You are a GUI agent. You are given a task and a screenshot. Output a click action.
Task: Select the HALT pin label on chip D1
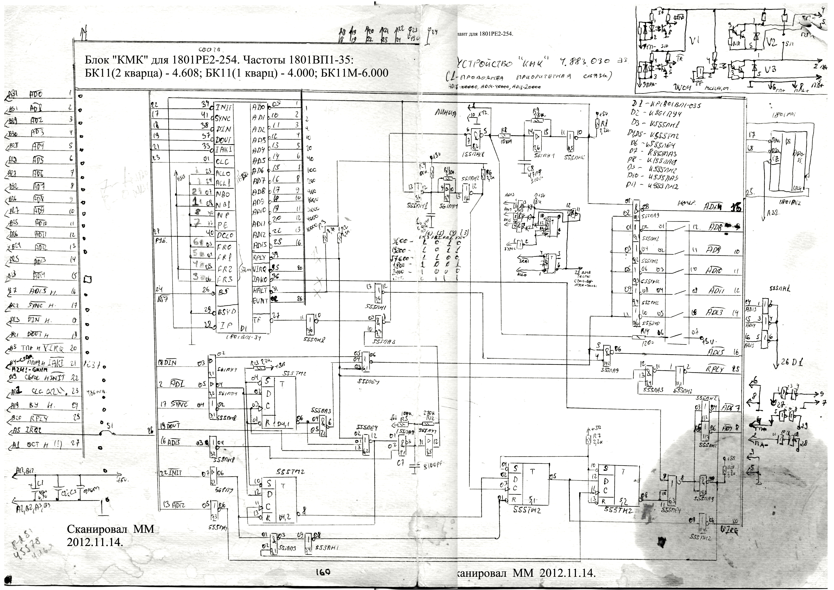(260, 291)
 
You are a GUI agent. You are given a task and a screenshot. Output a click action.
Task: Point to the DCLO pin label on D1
(225, 236)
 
